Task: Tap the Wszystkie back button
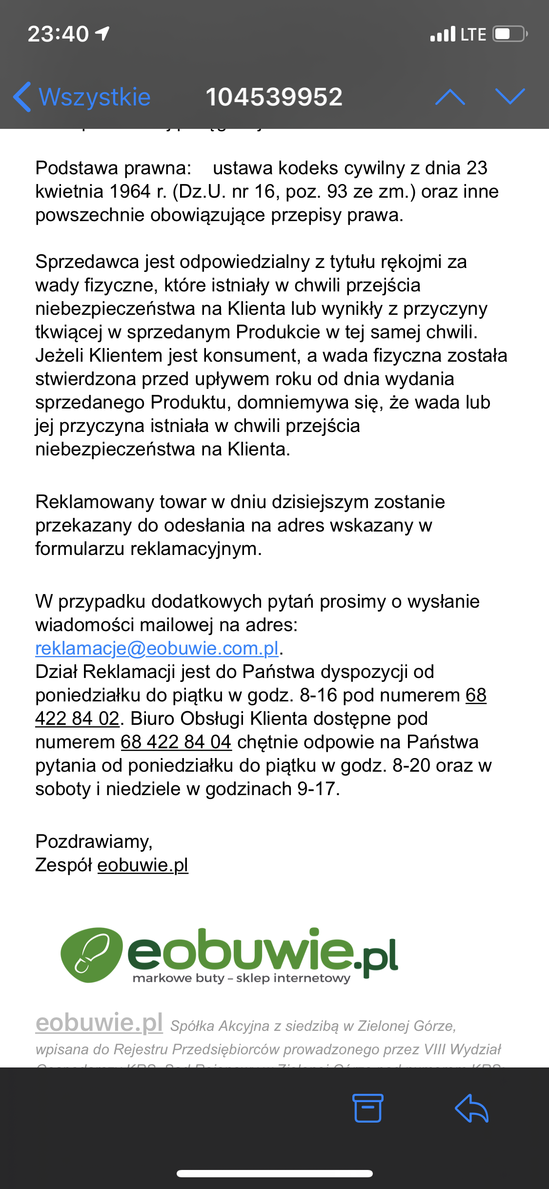tap(83, 97)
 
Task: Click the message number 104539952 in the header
tap(274, 97)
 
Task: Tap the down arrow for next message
tap(510, 97)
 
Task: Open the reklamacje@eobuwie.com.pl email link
tap(157, 648)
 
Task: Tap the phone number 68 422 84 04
tap(176, 742)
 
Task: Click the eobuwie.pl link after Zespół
tap(142, 865)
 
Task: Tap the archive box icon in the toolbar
tap(367, 1108)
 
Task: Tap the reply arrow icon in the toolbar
tap(471, 1108)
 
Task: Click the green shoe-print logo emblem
tap(91, 954)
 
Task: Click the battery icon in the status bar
tap(509, 34)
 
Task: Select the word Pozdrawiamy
tap(94, 841)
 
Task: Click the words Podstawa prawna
tap(113, 168)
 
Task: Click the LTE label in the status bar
tap(473, 34)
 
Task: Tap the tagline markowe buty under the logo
tap(178, 978)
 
